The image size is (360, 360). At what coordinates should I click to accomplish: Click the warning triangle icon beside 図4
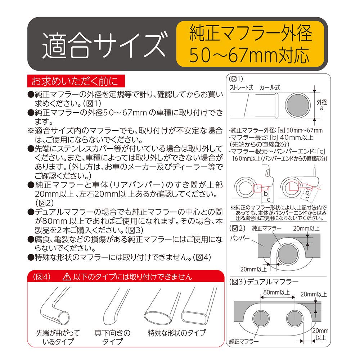pos(67,277)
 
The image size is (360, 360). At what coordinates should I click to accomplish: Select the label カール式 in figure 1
pos(270,87)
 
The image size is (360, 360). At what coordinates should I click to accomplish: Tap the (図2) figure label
pos(237,228)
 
